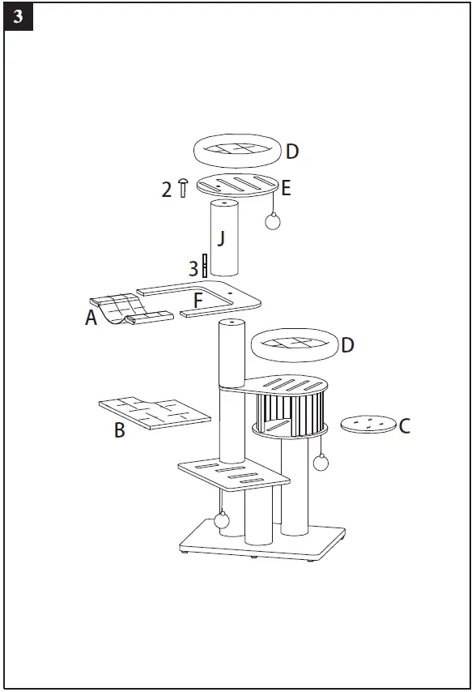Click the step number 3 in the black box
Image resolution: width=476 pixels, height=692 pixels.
[x=17, y=17]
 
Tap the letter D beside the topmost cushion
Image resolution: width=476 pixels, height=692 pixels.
[x=292, y=152]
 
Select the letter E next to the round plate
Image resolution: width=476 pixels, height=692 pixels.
[x=286, y=190]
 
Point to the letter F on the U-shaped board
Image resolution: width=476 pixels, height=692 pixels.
[x=198, y=301]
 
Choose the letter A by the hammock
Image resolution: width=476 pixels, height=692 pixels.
[x=91, y=318]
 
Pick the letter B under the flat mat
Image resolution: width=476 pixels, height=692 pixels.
[x=119, y=430]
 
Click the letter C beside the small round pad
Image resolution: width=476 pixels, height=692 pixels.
[x=405, y=425]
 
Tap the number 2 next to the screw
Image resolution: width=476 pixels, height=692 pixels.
[x=167, y=190]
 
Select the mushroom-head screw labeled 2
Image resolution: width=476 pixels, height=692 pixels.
[x=183, y=187]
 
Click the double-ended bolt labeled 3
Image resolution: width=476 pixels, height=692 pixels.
[x=205, y=266]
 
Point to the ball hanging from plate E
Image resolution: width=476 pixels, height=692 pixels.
[x=273, y=221]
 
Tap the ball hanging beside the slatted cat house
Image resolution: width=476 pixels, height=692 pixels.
[x=321, y=463]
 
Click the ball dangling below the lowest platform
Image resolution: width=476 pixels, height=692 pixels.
[x=221, y=519]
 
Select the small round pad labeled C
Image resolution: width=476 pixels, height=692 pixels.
[x=368, y=424]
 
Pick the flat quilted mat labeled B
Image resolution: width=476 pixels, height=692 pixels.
[x=154, y=411]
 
